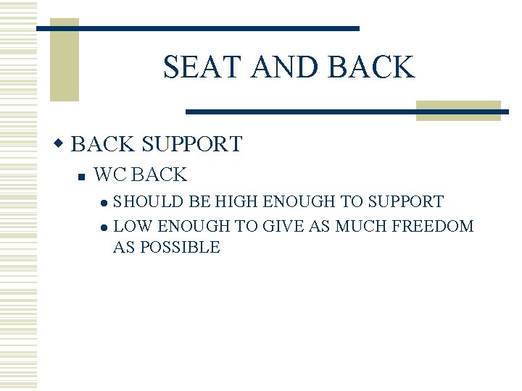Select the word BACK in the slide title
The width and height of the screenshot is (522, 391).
(371, 67)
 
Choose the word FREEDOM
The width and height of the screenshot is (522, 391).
(433, 226)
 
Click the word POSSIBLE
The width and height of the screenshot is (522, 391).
(180, 247)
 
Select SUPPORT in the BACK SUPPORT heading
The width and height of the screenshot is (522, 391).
(192, 143)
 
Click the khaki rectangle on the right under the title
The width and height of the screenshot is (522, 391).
(458, 110)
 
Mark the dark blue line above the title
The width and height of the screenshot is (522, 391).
(197, 28)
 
